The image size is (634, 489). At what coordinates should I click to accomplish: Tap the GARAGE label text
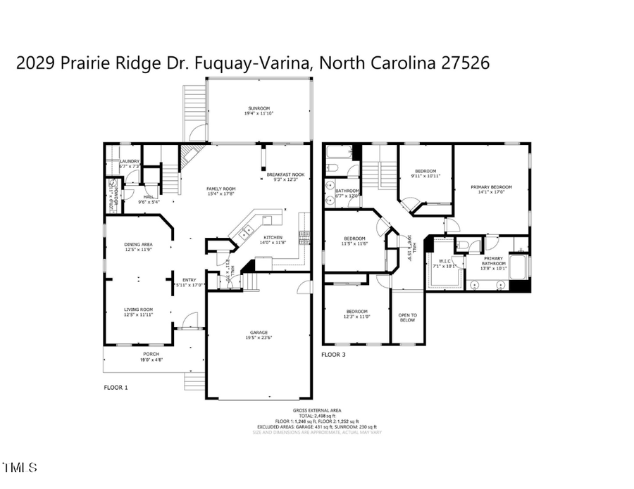click(259, 333)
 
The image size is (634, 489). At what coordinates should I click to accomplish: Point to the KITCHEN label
click(273, 238)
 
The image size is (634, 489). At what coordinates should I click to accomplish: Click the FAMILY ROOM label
click(220, 189)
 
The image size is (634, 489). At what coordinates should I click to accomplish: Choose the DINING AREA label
click(139, 245)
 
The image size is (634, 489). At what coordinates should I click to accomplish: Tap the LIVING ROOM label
click(139, 310)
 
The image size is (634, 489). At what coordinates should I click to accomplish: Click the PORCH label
click(151, 354)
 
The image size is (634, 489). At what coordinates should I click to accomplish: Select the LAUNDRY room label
click(130, 162)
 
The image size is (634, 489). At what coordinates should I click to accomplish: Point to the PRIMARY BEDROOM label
click(491, 187)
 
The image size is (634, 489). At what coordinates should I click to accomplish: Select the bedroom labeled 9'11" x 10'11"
click(425, 172)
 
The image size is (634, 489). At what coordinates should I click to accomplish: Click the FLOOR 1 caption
click(116, 387)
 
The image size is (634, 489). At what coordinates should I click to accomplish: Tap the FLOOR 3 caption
click(333, 355)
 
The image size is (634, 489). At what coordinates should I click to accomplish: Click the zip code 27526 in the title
click(465, 63)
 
